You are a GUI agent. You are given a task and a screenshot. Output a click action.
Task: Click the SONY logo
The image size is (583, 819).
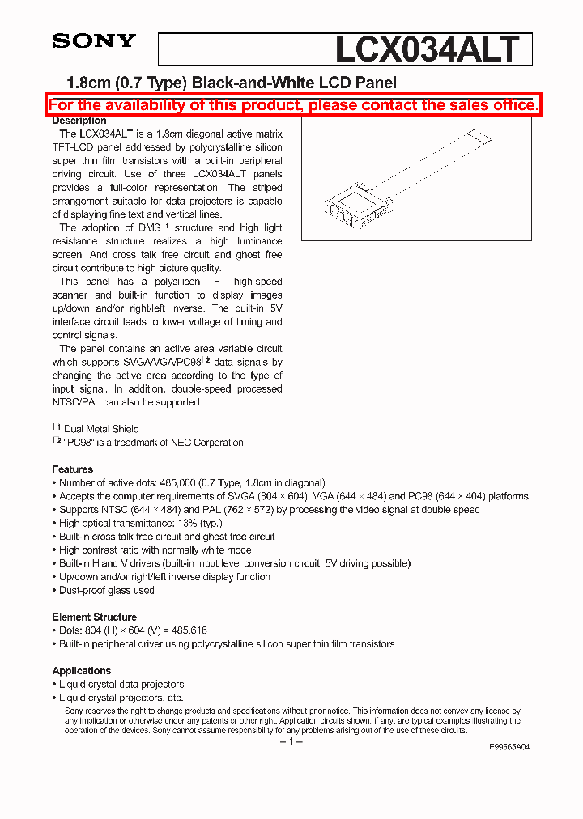(x=94, y=40)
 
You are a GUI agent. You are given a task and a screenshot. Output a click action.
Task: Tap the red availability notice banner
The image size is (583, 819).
(x=292, y=105)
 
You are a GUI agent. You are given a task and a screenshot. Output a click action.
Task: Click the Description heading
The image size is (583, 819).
(x=79, y=121)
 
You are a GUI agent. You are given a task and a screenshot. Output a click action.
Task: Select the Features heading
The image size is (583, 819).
(x=72, y=469)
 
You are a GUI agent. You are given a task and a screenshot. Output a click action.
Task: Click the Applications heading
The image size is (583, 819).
(x=81, y=671)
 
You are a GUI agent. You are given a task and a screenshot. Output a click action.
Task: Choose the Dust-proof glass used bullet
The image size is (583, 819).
(x=106, y=590)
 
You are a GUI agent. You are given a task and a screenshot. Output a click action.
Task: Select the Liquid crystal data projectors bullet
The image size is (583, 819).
(x=121, y=684)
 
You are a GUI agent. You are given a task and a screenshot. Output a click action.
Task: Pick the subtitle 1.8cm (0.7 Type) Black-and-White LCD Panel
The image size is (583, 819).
(x=231, y=83)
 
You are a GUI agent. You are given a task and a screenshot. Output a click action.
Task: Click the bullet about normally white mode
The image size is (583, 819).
(x=155, y=550)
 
